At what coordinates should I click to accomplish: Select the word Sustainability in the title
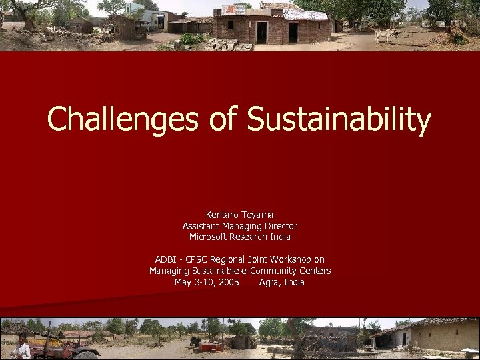coord(339,120)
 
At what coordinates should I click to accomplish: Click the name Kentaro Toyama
coord(240,215)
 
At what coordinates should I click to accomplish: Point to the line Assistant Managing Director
coord(240,226)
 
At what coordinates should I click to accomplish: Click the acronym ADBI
coord(166,259)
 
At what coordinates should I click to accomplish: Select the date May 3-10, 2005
coord(207,282)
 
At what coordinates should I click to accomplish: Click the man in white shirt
coord(22,348)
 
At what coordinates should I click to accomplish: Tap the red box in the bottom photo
coord(211,346)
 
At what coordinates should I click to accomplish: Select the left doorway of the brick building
coord(262,32)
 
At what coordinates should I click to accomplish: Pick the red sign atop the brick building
coord(234,9)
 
